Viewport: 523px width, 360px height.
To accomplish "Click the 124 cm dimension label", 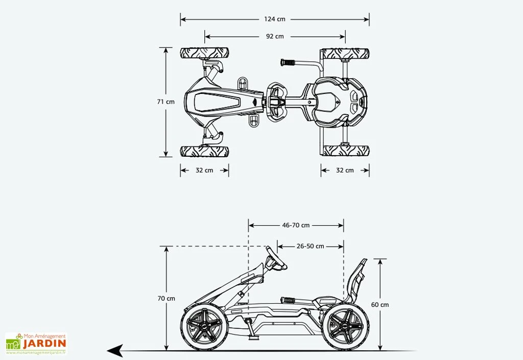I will [x=275, y=19].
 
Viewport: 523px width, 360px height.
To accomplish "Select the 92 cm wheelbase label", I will [x=275, y=36].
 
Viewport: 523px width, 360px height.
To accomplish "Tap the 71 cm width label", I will [x=165, y=102].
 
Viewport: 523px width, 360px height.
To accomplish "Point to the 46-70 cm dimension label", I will [x=296, y=225].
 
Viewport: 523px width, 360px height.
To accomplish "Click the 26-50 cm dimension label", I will [x=310, y=246].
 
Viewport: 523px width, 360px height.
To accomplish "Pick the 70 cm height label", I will [x=167, y=298].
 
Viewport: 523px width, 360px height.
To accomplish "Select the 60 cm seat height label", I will [x=379, y=305].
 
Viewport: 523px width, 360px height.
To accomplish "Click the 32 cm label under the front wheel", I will [x=204, y=171].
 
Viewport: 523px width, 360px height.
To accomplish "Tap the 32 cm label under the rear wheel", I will [x=345, y=171].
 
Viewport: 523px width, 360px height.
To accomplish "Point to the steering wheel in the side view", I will [x=276, y=258].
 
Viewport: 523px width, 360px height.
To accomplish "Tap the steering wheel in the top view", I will [x=276, y=102].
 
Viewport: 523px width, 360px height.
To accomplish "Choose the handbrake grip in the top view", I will [x=289, y=63].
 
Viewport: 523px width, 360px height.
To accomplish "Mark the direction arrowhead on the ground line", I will [x=115, y=351].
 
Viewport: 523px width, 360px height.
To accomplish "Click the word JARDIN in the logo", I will [x=44, y=344].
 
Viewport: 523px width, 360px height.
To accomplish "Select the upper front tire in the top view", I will [x=204, y=53].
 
